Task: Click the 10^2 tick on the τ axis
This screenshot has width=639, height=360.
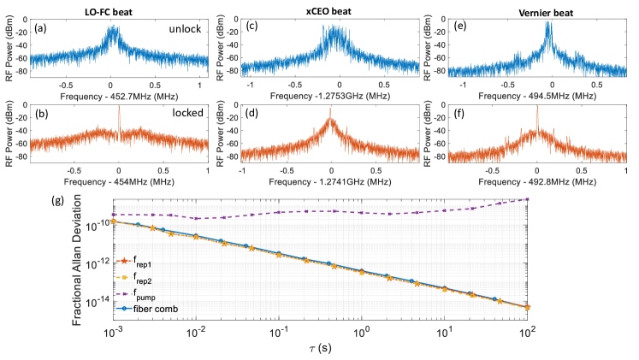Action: (x=529, y=329)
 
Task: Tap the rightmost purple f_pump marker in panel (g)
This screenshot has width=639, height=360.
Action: (x=528, y=199)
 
